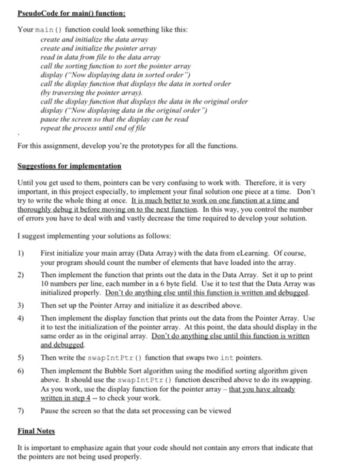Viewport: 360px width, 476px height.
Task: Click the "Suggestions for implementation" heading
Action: (69, 165)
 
